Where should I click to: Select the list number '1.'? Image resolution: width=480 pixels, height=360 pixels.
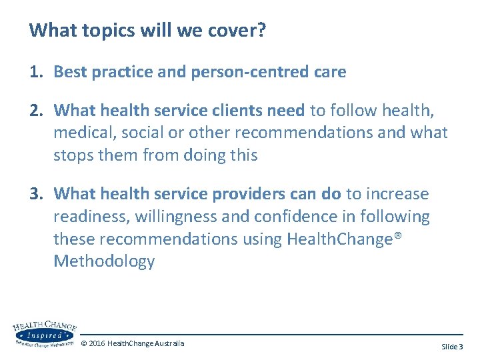(x=37, y=72)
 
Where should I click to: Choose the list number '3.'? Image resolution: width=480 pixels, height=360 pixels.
(x=37, y=194)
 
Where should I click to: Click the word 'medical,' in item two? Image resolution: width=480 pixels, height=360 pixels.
(x=85, y=132)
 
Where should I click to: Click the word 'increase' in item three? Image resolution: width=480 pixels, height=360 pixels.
(x=397, y=194)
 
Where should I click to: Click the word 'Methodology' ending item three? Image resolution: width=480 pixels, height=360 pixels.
(x=104, y=261)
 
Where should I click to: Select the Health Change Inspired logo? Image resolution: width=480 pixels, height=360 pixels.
(x=43, y=334)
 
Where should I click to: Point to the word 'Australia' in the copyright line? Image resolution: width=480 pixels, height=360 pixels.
(x=169, y=343)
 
